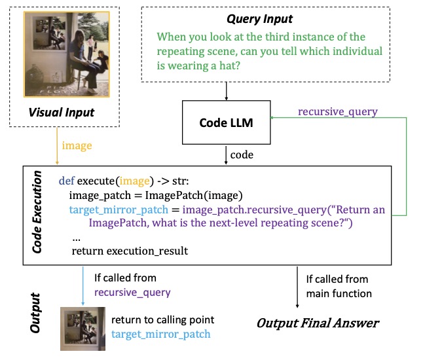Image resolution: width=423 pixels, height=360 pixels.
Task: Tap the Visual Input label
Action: pyautogui.click(x=62, y=112)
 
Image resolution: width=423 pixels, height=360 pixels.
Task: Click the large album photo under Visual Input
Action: pyautogui.click(x=62, y=55)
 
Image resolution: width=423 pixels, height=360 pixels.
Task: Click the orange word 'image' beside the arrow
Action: pyautogui.click(x=77, y=146)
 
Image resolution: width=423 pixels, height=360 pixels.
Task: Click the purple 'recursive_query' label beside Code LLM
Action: pyautogui.click(x=337, y=111)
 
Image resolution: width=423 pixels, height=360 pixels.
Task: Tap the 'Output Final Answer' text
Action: pyautogui.click(x=318, y=323)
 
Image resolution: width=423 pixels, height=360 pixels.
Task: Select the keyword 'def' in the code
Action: pyautogui.click(x=66, y=180)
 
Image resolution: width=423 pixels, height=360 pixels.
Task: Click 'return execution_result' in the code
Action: pyautogui.click(x=130, y=251)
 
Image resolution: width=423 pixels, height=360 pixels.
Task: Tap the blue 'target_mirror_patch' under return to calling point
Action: pyautogui.click(x=161, y=334)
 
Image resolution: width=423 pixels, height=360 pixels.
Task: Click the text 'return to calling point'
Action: pyautogui.click(x=162, y=320)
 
